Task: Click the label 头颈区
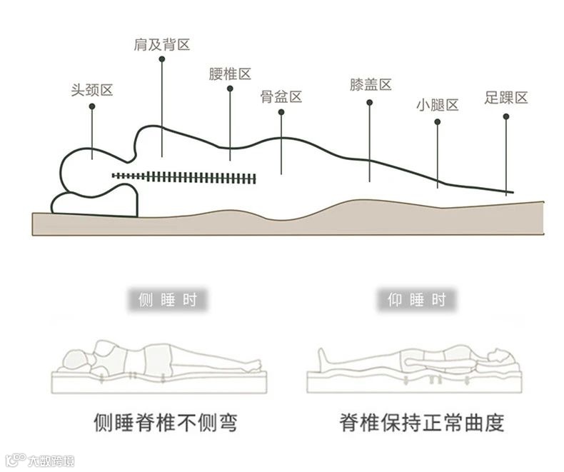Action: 92,90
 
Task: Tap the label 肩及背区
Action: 162,45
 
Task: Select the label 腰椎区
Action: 230,74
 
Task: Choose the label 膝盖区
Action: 371,85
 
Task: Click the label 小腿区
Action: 437,105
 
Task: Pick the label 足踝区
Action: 505,98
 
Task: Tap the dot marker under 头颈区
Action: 92,106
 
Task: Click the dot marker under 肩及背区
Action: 162,61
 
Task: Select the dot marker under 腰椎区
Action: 230,89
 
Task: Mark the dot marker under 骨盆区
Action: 281,112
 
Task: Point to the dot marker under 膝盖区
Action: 370,102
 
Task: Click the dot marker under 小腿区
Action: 437,121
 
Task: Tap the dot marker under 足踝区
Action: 505,115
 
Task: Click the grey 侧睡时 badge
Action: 168,299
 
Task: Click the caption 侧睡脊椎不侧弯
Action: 166,423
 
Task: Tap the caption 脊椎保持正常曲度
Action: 421,423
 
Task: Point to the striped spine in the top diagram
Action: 184,176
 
